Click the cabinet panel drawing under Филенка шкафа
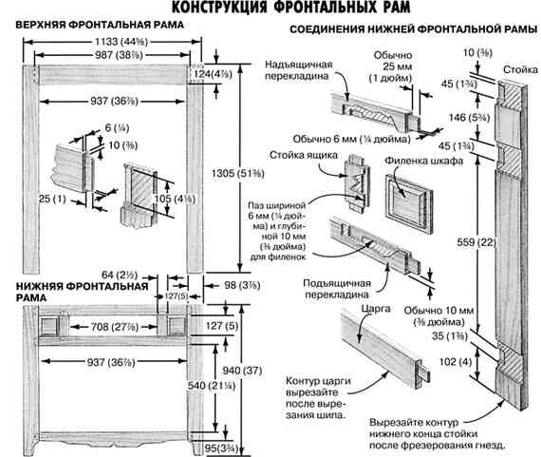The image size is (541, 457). pyautogui.click(x=409, y=198)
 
